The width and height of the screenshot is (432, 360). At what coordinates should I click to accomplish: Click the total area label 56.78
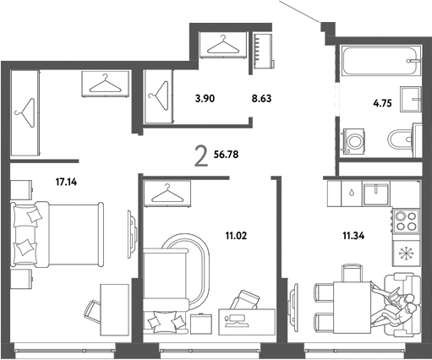tap(226, 155)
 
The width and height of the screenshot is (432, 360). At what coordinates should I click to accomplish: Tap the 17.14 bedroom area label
tap(66, 183)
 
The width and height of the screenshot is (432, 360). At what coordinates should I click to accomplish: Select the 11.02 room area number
tap(236, 236)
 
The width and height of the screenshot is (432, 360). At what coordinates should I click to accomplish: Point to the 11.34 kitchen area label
tap(353, 236)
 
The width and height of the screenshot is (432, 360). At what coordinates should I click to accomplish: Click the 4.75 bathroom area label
tap(382, 103)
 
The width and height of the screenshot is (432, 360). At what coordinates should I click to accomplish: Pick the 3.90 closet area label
tap(205, 99)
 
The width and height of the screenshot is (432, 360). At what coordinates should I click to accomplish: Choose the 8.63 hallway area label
tap(261, 99)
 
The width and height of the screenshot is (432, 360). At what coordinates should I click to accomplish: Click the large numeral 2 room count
tap(201, 157)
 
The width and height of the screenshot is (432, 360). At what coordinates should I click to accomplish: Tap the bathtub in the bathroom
tap(381, 61)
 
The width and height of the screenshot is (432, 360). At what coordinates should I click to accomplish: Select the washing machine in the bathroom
tap(353, 141)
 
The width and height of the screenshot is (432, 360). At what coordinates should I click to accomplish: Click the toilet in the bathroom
tap(405, 139)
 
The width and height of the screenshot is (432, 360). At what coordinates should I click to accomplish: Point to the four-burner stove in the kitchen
tap(406, 221)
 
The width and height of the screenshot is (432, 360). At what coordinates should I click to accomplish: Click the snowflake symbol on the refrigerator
tap(406, 253)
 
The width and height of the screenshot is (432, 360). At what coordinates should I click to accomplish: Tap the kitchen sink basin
tap(376, 194)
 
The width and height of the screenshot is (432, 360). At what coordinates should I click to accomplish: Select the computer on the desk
tap(238, 321)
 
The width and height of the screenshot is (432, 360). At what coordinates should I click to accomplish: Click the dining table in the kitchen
tap(352, 308)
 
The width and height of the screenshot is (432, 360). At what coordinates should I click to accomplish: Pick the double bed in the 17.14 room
tap(57, 234)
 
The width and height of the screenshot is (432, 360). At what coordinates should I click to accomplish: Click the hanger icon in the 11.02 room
tap(167, 194)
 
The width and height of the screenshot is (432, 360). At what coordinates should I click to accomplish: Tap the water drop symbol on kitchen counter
tap(351, 194)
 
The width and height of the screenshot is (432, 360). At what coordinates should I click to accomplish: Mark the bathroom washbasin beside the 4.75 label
tap(411, 99)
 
